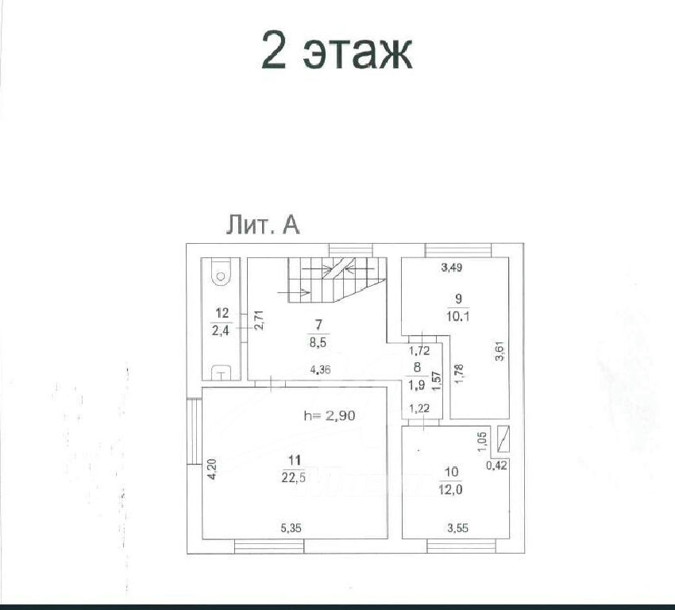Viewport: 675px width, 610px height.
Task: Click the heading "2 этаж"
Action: coord(337,51)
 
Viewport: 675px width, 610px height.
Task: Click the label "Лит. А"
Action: coord(263,225)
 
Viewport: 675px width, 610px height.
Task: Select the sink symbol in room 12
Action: coord(221,373)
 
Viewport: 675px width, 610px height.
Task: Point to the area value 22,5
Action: coord(294,478)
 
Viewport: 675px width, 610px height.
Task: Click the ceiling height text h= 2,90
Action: coord(330,415)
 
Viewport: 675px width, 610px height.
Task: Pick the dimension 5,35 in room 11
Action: coord(291,527)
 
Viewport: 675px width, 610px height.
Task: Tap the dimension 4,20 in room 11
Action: coord(212,469)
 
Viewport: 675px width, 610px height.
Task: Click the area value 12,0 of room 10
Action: coord(451,490)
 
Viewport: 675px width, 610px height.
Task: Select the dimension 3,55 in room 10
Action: coord(457,527)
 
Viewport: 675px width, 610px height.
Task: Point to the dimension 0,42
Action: coord(496,465)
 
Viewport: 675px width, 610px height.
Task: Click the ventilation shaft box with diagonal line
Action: coord(503,438)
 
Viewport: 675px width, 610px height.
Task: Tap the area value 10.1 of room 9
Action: coord(458,316)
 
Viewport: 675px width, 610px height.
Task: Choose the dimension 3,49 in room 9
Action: coord(452,268)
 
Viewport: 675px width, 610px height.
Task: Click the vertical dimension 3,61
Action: coord(500,351)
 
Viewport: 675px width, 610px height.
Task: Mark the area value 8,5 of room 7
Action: coord(318,342)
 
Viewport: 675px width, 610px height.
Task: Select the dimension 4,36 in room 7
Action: coord(320,369)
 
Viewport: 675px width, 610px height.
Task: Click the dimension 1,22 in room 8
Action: coord(418,408)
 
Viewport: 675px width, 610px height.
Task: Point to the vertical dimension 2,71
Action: coord(258,320)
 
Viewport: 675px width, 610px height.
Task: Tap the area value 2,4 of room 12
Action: coord(221,330)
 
